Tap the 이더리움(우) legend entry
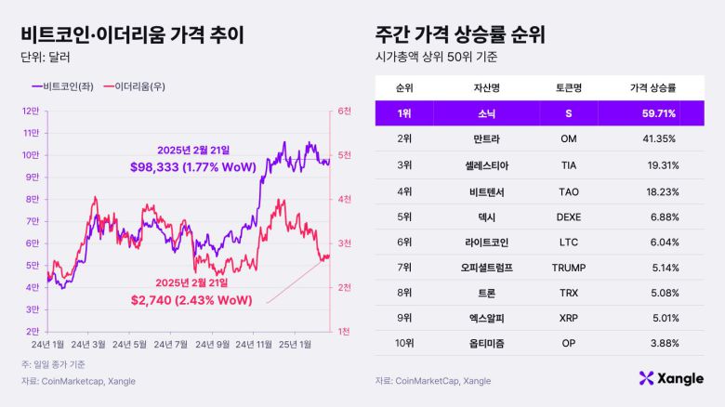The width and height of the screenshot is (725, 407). point(137,86)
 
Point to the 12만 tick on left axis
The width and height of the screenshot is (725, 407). point(31,111)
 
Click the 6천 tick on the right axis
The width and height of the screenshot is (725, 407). point(344,111)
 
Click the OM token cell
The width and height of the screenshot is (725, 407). point(569,138)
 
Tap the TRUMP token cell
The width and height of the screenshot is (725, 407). point(569,268)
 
